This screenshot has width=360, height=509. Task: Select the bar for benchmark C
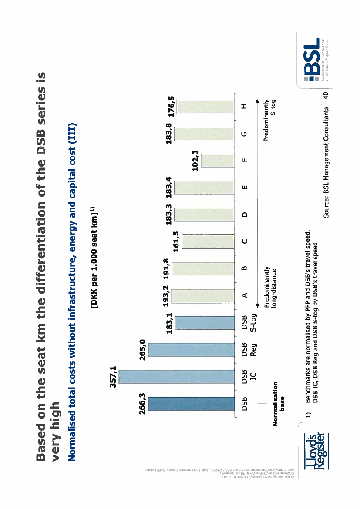(209, 241)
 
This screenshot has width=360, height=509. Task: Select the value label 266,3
(142, 403)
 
